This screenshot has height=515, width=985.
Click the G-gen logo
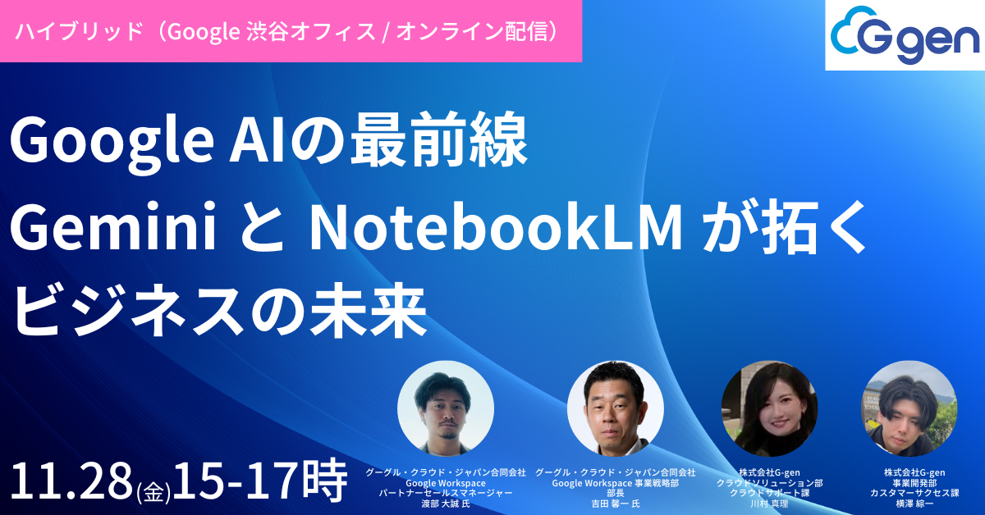904,34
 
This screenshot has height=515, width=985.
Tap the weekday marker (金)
153,491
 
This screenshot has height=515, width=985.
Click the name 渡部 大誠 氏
446,504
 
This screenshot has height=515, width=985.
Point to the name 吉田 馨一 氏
615,504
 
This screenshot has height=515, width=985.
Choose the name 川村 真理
769,504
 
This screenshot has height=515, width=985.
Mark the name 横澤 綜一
909,504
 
